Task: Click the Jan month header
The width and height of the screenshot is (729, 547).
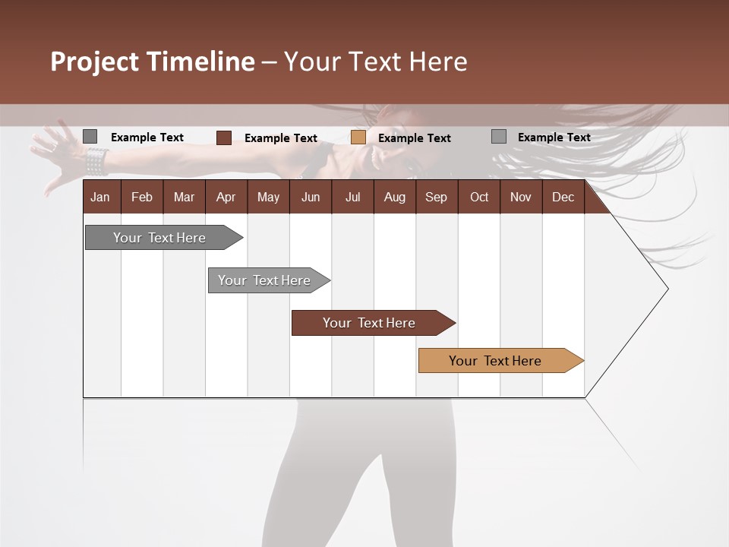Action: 101,198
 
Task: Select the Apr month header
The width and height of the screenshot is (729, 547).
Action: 226,198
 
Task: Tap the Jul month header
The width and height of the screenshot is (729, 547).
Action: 352,198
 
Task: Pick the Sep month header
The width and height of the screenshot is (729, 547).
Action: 436,198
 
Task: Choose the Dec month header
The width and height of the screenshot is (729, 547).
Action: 563,198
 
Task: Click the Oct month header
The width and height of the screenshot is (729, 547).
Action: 479,198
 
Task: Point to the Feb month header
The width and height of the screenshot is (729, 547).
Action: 142,198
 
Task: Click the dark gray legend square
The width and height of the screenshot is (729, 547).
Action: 90,137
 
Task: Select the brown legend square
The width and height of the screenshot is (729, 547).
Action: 224,138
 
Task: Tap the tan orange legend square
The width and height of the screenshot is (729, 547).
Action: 358,138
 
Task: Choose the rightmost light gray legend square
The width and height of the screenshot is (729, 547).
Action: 499,137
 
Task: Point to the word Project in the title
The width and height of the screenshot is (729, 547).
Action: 94,62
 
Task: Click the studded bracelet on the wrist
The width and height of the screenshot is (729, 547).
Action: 96,160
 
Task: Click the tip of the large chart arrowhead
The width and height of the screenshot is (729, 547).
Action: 667,289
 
